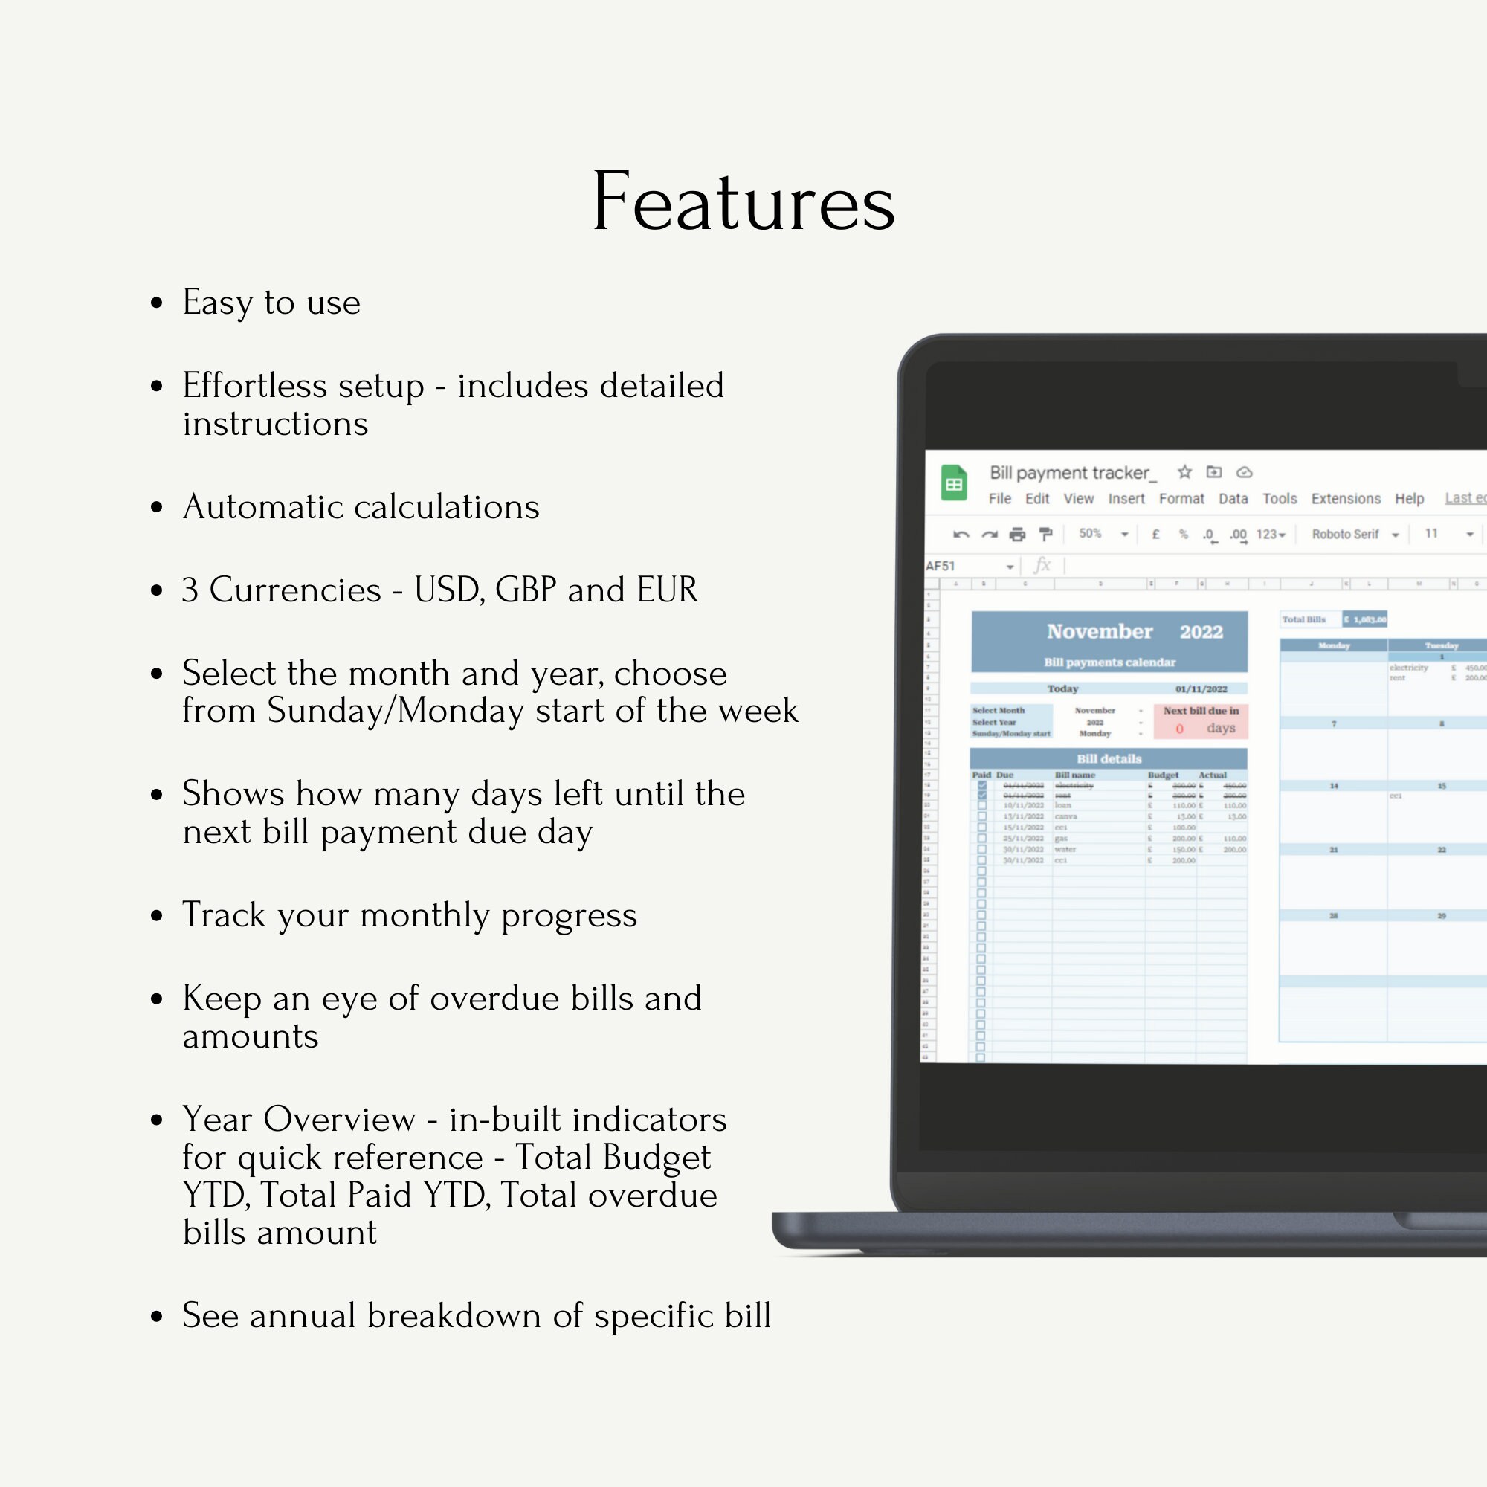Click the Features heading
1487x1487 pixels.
[x=743, y=201]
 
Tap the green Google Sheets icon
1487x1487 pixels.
[x=954, y=483]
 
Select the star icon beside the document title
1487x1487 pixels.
[x=1184, y=472]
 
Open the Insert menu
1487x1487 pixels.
[x=1126, y=499]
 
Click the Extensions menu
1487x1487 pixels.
[x=1346, y=499]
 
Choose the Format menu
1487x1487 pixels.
[x=1181, y=499]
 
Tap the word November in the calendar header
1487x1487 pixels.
[x=1099, y=632]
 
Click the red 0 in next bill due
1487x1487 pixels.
[x=1179, y=728]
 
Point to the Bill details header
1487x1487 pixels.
[x=1109, y=759]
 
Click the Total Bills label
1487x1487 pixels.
[x=1304, y=619]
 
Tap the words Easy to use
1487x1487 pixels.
[x=271, y=303]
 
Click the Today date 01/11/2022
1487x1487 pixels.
[x=1201, y=689]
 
